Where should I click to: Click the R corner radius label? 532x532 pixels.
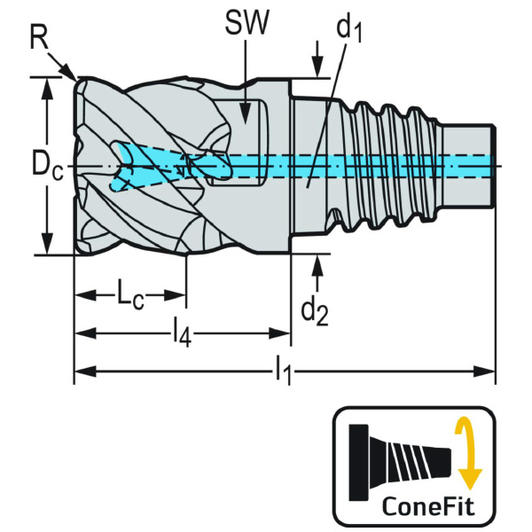click(38, 37)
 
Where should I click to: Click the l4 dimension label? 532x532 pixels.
click(181, 333)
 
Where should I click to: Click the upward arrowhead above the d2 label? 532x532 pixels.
click(317, 259)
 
